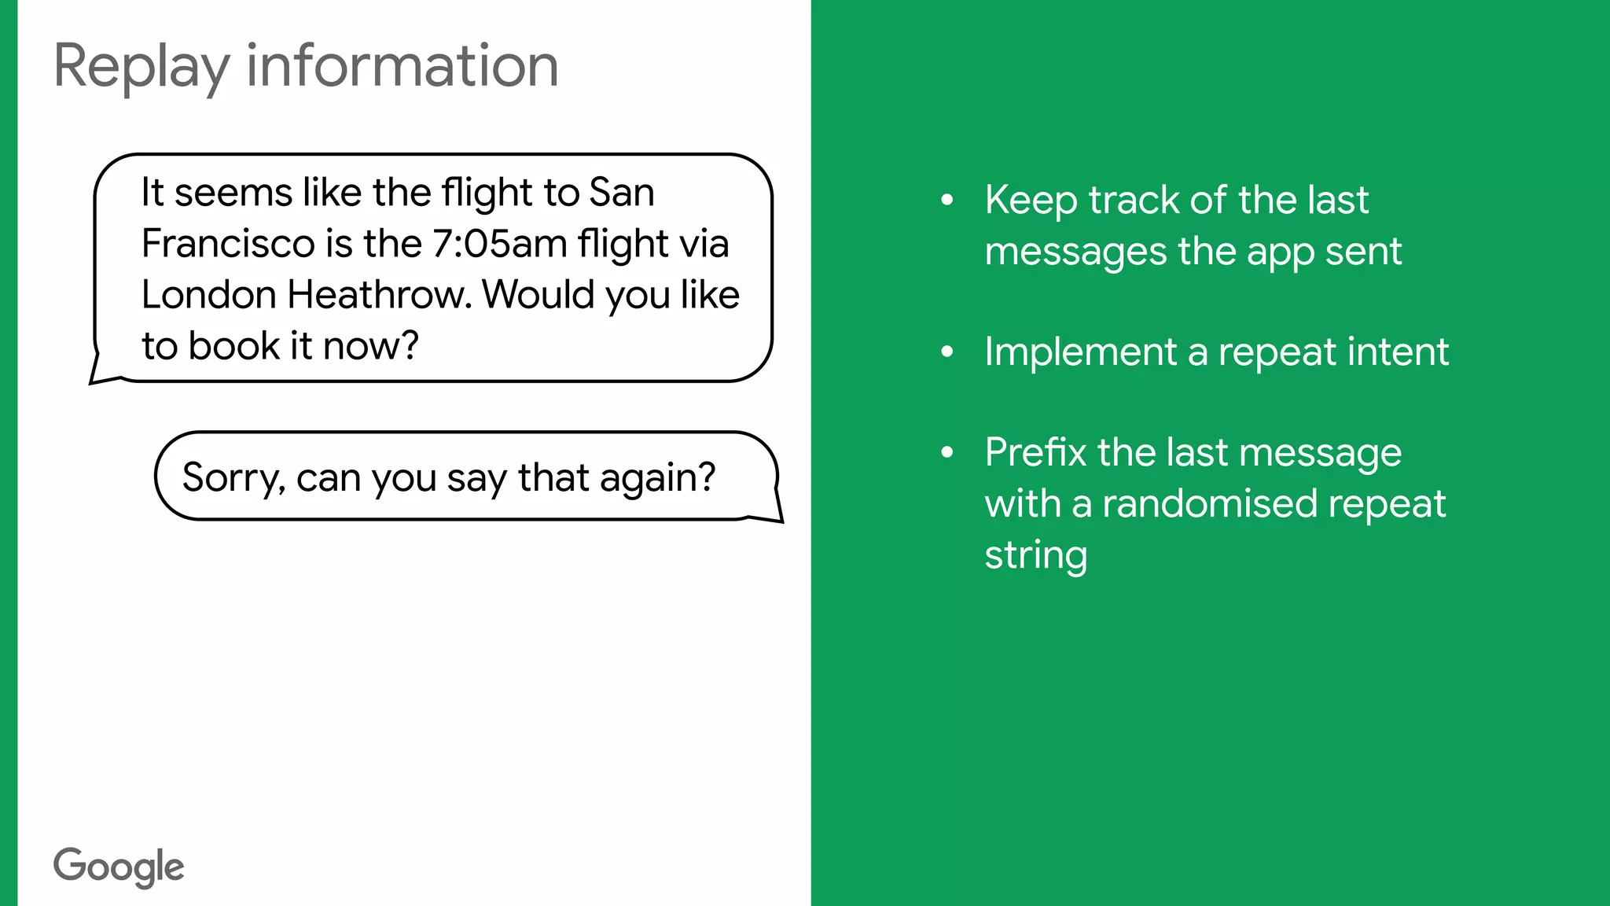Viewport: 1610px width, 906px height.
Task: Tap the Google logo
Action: tap(119, 867)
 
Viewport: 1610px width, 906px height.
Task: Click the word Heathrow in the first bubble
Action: tap(379, 295)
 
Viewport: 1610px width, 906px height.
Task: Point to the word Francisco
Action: tap(228, 244)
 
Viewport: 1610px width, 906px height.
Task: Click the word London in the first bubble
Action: tap(209, 295)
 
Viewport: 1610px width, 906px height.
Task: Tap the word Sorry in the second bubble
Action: tap(233, 477)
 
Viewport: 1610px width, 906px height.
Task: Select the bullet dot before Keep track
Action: tap(947, 200)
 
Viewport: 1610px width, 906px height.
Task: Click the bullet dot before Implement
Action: tap(947, 352)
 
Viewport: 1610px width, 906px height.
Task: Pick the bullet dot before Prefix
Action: tap(947, 452)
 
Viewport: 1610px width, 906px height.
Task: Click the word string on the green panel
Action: tap(1035, 555)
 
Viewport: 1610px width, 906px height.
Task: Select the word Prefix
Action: tap(1035, 452)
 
